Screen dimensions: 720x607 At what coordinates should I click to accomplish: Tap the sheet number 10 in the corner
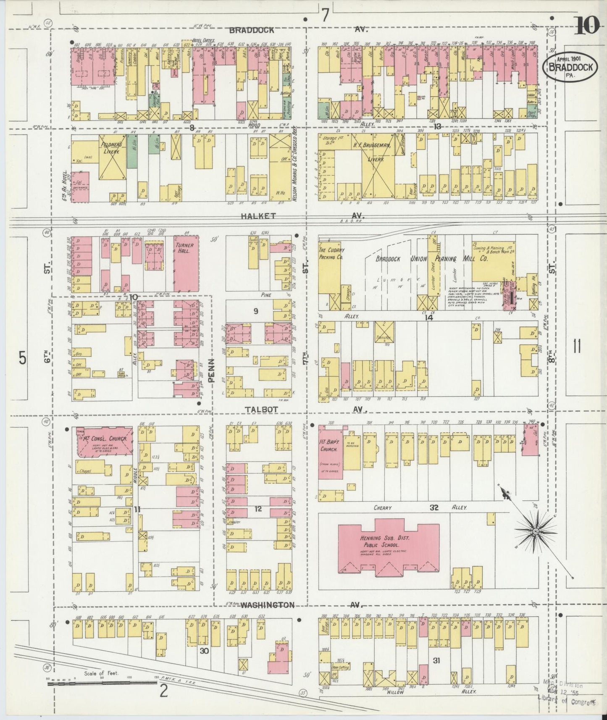pyautogui.click(x=586, y=26)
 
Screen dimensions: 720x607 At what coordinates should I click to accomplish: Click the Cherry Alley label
pyautogui.click(x=420, y=508)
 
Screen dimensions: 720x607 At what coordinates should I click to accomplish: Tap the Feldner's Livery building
pyautogui.click(x=111, y=158)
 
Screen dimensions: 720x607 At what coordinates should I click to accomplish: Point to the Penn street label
pyautogui.click(x=211, y=370)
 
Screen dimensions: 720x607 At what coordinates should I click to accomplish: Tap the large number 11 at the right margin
pyautogui.click(x=576, y=347)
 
